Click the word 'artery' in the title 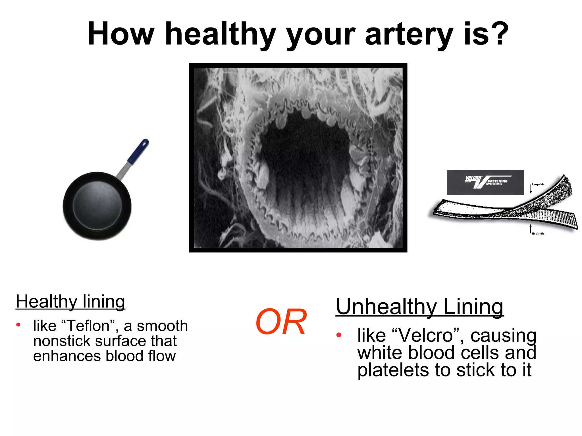pos(409,35)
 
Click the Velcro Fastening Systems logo pos(485,183)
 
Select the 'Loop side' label pos(538,185)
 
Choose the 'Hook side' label pos(538,234)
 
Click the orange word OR pos(281,322)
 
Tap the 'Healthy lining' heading pos(70,301)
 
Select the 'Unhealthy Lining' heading pos(419,307)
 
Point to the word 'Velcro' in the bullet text pos(426,336)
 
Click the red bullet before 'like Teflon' pos(18,325)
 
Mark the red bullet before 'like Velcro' pos(338,335)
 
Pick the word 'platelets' pos(393,370)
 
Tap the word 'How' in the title pos(121,34)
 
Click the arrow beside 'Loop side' pos(531,188)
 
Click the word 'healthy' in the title pos(221,35)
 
